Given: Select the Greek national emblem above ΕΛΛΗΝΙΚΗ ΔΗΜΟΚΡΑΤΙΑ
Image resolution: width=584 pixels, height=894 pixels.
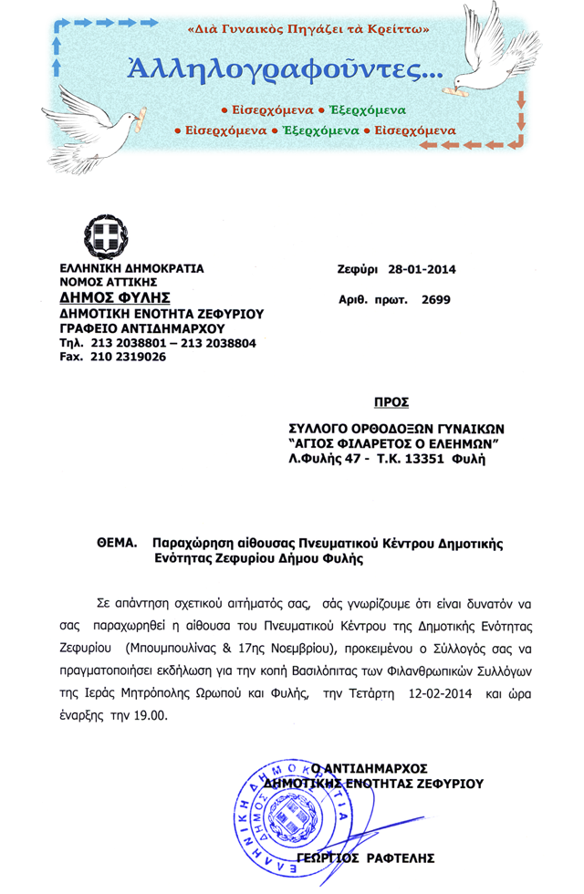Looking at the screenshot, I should click(x=105, y=237).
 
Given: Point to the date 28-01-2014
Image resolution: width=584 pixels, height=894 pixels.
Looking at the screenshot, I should click(x=421, y=269).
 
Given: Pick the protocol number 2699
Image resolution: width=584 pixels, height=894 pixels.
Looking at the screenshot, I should click(x=435, y=299).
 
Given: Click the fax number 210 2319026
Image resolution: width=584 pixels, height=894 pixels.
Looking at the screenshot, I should click(x=128, y=357).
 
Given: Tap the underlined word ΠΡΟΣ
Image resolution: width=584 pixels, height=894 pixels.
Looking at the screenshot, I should click(x=391, y=402).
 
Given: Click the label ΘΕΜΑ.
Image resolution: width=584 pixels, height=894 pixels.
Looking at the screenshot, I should click(x=116, y=542).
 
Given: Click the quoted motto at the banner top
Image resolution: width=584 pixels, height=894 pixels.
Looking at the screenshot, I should click(x=308, y=30).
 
